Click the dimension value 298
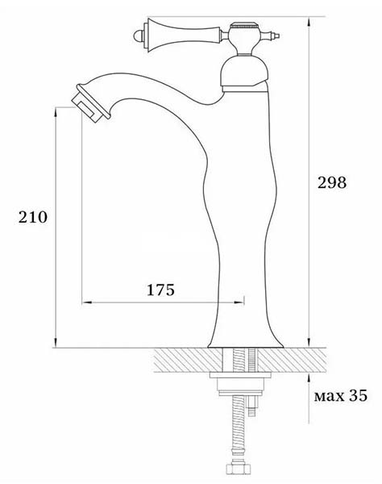point(332,182)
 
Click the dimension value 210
point(33,217)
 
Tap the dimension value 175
point(160,290)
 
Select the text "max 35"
point(341,395)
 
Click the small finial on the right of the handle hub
point(274,35)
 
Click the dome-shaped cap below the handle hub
point(244,73)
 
